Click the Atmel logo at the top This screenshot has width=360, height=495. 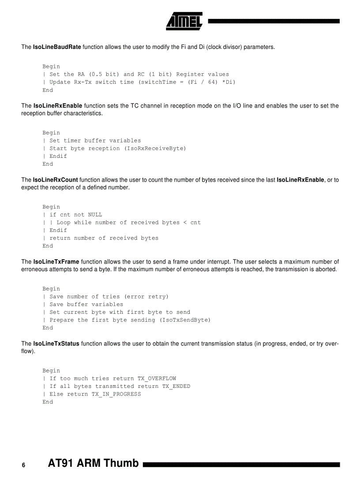[x=184, y=21]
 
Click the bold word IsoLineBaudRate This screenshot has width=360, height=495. [x=57, y=47]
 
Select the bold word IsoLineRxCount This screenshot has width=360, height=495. [x=56, y=180]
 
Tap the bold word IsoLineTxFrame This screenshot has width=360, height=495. [x=56, y=262]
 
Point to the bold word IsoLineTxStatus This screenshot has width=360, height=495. [x=56, y=344]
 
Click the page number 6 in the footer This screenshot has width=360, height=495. [x=24, y=465]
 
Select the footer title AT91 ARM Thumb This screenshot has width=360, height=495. [x=93, y=463]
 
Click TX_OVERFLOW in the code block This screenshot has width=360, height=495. [x=157, y=379]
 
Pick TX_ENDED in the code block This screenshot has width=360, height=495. [x=176, y=387]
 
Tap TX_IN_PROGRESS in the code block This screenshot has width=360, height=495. [x=116, y=395]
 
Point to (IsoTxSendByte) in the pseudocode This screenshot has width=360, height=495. [x=185, y=320]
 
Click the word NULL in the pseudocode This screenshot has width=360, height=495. [x=95, y=215]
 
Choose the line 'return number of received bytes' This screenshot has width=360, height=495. [x=104, y=238]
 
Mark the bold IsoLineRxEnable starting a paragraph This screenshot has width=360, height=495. [x=57, y=106]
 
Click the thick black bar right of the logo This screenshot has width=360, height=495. [x=274, y=21]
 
